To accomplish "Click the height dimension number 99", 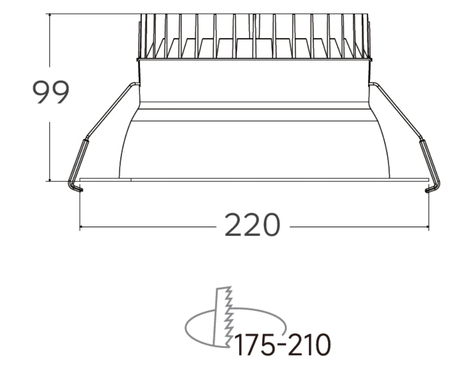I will (x=51, y=92).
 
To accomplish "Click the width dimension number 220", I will (x=252, y=226).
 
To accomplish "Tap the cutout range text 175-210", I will (x=282, y=345).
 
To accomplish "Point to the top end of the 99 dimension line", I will (x=50, y=14).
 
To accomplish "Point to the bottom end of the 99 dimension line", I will (x=50, y=181).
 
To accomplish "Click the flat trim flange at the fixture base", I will (x=254, y=180).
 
